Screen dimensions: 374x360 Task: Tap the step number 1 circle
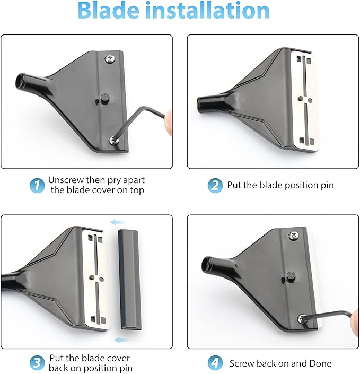[37, 185]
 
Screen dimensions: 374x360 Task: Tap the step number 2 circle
[214, 186]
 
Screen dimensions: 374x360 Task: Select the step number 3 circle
[37, 363]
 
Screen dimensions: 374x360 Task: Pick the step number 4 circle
[215, 363]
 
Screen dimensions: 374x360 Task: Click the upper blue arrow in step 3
[120, 223]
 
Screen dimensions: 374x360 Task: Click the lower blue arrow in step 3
[121, 340]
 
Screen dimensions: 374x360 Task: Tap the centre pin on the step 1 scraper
[102, 99]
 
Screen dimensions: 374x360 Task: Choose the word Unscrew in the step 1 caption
[65, 180]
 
